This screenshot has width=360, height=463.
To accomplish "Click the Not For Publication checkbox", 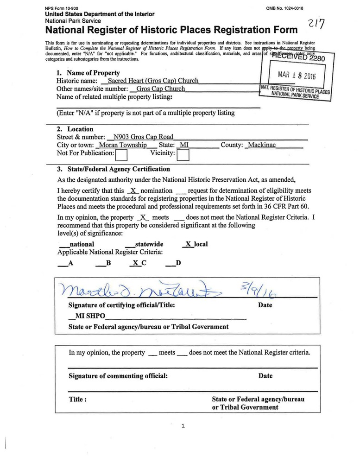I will [121, 154].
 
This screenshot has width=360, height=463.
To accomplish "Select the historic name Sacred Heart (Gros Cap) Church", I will [153, 81].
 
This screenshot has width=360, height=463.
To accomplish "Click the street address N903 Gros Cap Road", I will [140, 137].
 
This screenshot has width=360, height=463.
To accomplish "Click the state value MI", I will [184, 145].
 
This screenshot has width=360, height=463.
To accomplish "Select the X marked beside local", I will [188, 244].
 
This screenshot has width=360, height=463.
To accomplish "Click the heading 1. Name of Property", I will [88, 73].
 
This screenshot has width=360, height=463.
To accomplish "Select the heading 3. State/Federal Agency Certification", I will [113, 169].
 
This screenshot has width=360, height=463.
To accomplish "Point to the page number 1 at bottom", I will [183, 426].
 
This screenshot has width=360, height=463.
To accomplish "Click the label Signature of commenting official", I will [118, 376].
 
